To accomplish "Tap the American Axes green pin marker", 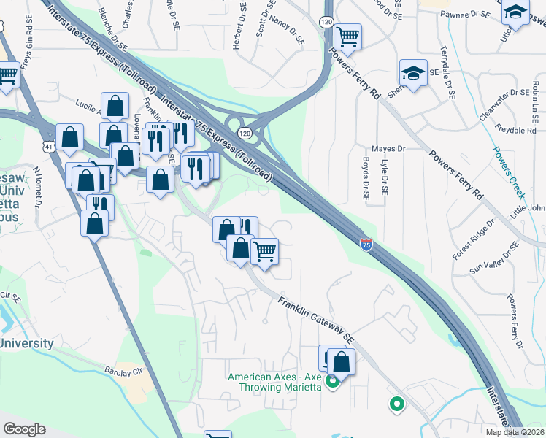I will (x=333, y=380).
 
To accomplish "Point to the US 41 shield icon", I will (x=47, y=147).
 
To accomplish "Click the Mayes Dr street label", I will (x=388, y=149).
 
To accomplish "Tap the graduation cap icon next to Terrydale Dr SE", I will (x=413, y=74).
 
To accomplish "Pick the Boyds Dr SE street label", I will (x=366, y=179).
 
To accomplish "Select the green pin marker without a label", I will (x=397, y=403).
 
